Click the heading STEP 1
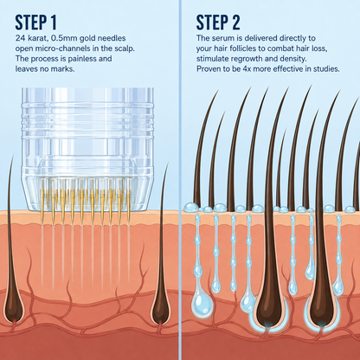[35, 22]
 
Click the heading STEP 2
[218, 22]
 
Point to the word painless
[81, 59]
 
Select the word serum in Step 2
[222, 38]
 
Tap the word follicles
[247, 48]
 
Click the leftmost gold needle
[42, 207]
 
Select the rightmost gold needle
[129, 208]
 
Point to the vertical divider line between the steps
[180, 180]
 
